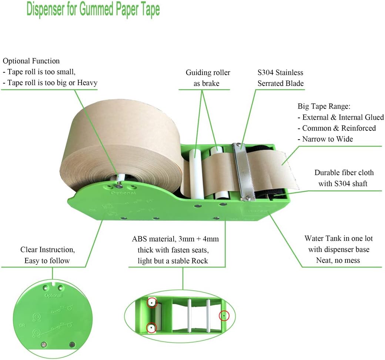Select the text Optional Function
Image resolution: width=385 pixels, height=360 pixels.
pyautogui.click(x=31, y=61)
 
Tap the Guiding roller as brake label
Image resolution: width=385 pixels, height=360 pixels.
pyautogui.click(x=208, y=78)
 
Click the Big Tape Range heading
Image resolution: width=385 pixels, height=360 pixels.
pyautogui.click(x=324, y=107)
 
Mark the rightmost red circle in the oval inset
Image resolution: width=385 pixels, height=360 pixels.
pyautogui.click(x=223, y=316)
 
